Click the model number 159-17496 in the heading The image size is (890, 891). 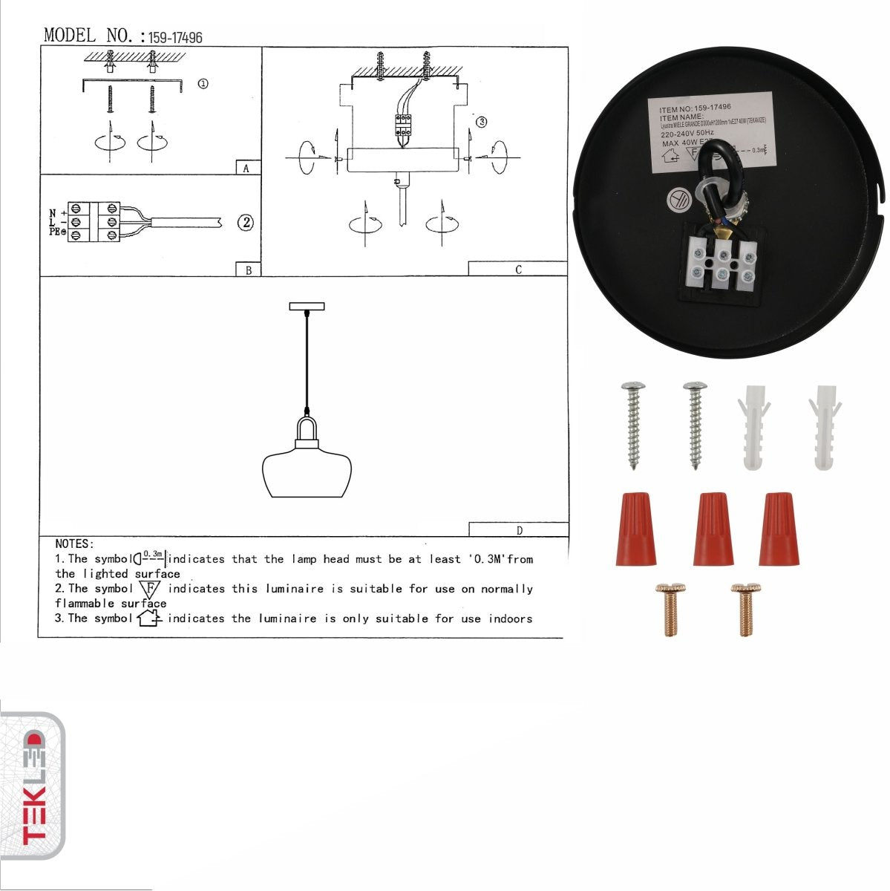pyautogui.click(x=175, y=37)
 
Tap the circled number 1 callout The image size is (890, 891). pyautogui.click(x=202, y=84)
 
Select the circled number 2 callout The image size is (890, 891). pyautogui.click(x=246, y=222)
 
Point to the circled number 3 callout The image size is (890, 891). pyautogui.click(x=481, y=122)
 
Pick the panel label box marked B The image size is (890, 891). pyautogui.click(x=248, y=270)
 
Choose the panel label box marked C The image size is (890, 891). pyautogui.click(x=517, y=270)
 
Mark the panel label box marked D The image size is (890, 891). pyautogui.click(x=518, y=530)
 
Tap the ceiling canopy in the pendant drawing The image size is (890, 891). pyautogui.click(x=306, y=306)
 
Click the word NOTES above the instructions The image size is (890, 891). pyautogui.click(x=74, y=544)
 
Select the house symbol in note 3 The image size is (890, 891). pyautogui.click(x=148, y=618)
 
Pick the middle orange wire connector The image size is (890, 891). pyautogui.click(x=713, y=528)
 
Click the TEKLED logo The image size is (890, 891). pyautogui.click(x=33, y=787)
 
